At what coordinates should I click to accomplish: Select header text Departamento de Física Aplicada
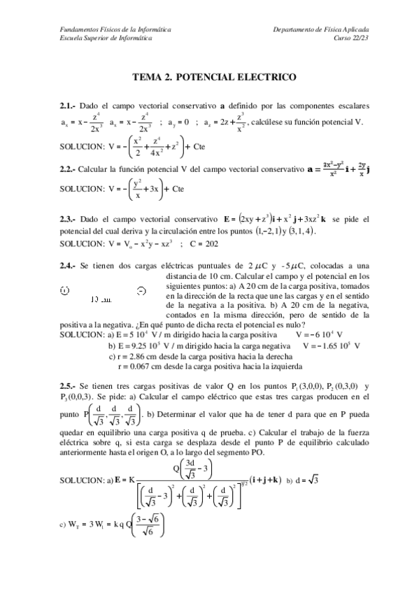[x=322, y=30]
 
